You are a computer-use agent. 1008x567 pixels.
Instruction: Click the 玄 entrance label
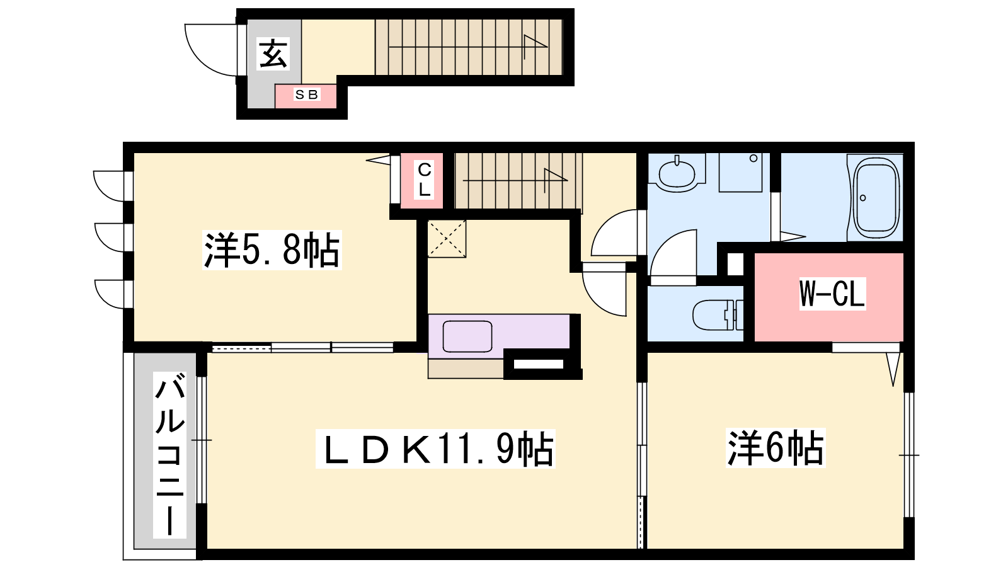pos(273,54)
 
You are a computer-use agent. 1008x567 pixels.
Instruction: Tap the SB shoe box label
pos(306,94)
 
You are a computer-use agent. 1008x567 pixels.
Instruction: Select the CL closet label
pos(425,180)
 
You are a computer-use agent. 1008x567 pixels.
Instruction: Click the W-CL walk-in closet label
pos(832,294)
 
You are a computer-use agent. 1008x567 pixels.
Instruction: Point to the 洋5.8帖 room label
pos(272,250)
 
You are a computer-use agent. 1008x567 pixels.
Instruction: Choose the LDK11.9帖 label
pos(435,449)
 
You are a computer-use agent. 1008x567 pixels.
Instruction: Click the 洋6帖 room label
pos(776,448)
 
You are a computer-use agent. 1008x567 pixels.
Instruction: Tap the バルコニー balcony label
pos(169,454)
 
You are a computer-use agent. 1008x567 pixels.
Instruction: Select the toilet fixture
pos(718,314)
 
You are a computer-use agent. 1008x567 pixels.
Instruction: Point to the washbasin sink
pos(677,174)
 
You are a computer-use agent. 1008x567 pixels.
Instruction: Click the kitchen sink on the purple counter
pos(467,336)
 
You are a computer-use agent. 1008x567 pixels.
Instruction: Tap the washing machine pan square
pos(740,173)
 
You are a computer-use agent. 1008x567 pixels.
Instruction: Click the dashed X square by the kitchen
pos(447,239)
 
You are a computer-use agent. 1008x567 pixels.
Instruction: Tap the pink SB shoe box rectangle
pos(306,96)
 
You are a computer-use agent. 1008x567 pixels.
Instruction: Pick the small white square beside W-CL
pos(735,265)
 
